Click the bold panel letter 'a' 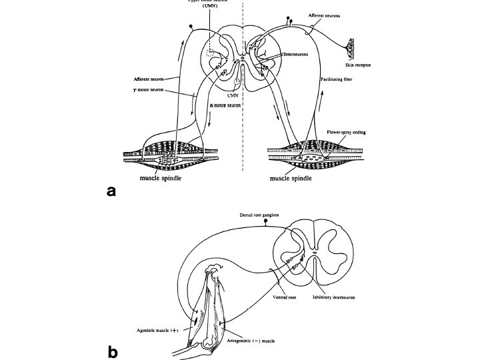pos(112,191)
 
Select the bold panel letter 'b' pos(112,352)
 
